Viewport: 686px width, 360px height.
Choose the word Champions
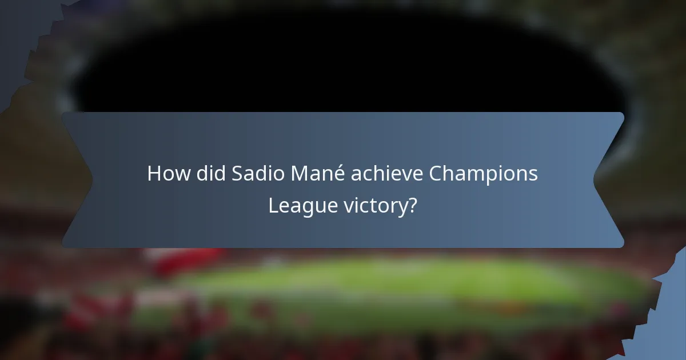[484, 174]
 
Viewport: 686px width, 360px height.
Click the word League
[294, 206]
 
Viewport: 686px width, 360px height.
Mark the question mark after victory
[412, 206]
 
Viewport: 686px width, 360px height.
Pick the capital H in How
[153, 174]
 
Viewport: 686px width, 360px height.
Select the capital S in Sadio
[236, 174]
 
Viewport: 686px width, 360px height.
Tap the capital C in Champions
[436, 174]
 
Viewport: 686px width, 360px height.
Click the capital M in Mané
[299, 174]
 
